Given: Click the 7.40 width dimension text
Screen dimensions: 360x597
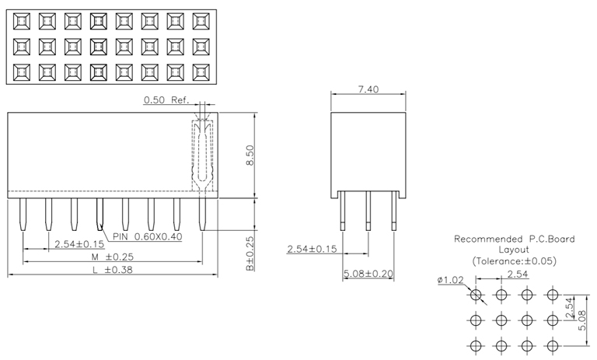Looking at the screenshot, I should coord(368,90).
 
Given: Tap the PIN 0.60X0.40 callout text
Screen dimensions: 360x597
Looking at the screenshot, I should coord(148,236).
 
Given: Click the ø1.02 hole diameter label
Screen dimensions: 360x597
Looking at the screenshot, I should coord(450,281).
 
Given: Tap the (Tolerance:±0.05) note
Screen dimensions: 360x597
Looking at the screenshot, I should coord(514,260).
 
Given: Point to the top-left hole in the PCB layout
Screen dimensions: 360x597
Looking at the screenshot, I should coord(477,295).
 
